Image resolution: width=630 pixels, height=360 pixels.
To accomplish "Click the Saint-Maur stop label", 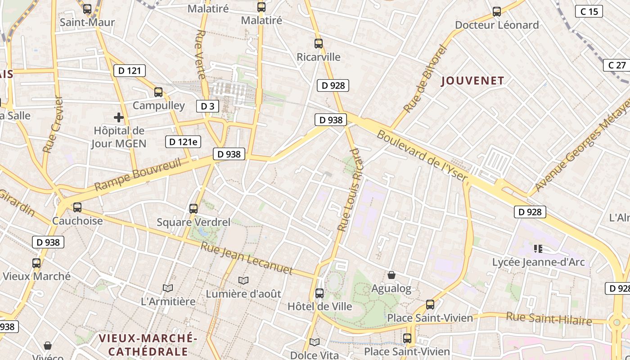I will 87,22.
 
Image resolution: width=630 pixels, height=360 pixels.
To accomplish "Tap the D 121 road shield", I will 130,70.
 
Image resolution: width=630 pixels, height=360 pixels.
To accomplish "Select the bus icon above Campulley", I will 158,92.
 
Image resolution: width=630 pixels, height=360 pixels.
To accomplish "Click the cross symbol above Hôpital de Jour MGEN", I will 119,118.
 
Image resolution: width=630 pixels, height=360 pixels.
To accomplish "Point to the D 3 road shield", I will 207,106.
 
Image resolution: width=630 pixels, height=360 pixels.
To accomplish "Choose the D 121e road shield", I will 183,142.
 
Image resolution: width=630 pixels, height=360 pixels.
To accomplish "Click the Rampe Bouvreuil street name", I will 138,174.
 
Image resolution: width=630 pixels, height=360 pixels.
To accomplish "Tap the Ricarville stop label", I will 319,57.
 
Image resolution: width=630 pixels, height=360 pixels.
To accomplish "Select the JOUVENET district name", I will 472,81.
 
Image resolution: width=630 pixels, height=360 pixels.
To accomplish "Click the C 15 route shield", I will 589,11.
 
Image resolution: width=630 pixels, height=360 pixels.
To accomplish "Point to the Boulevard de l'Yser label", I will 423,156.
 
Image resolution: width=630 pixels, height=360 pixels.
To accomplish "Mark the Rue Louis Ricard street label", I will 350,189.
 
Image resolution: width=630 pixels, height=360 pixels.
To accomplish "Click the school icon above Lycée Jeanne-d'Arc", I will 538,248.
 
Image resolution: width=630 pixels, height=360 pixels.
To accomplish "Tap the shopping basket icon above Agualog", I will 391,275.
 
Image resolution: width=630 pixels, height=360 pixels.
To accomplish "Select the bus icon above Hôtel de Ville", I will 319,293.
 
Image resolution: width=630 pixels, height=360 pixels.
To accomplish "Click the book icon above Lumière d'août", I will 243,281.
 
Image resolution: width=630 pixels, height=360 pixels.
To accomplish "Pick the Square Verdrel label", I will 193,222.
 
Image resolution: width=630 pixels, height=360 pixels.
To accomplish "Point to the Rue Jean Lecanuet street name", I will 246,258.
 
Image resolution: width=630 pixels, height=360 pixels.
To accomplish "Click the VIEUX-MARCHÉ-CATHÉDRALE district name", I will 148,344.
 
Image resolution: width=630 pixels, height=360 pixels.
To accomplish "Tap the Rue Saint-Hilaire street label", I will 549,318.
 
